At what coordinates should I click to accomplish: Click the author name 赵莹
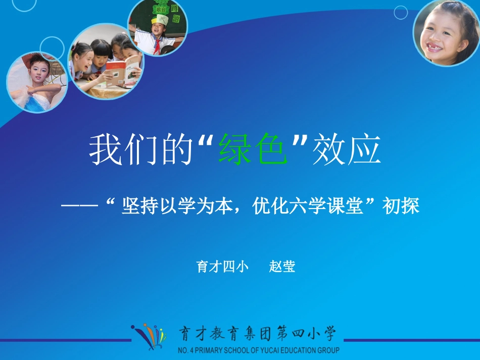tap(282, 267)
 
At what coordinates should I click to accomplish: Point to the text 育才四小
tap(222, 267)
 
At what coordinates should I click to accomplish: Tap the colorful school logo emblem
tap(149, 335)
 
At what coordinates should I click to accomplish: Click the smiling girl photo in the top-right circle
tap(446, 32)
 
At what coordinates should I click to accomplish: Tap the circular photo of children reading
tap(106, 61)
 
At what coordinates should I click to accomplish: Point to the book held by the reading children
tap(123, 71)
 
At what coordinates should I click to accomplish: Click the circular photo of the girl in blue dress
tap(36, 82)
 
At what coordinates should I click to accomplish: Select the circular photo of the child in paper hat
tap(157, 28)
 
